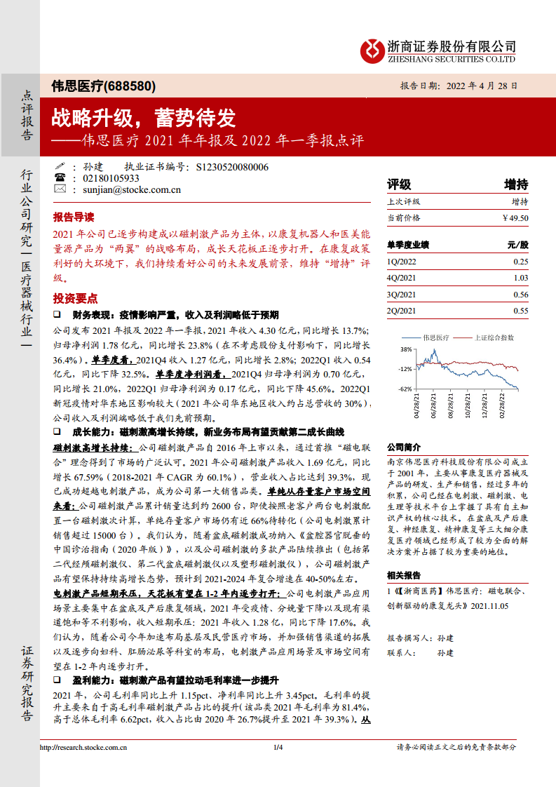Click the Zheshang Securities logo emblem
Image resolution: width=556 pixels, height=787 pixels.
pyautogui.click(x=372, y=49)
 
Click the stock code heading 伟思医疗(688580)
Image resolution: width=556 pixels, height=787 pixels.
pyautogui.click(x=104, y=86)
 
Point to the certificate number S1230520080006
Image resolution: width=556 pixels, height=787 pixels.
pyautogui.click(x=232, y=167)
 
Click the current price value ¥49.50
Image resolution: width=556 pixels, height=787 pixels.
pyautogui.click(x=515, y=218)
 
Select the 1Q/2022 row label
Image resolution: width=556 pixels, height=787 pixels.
pyautogui.click(x=401, y=261)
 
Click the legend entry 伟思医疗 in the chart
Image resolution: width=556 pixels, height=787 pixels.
pyautogui.click(x=435, y=337)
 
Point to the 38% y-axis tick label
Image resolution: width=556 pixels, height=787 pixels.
pyautogui.click(x=405, y=349)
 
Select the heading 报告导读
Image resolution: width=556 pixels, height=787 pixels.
pyautogui.click(x=73, y=217)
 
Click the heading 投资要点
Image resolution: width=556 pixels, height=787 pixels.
pyautogui.click(x=73, y=298)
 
